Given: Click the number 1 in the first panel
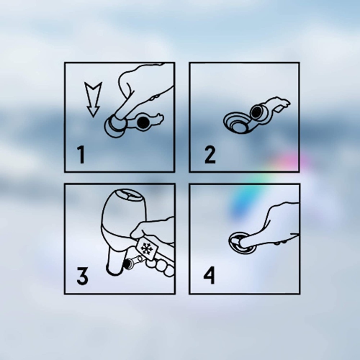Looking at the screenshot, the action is (x=81, y=155).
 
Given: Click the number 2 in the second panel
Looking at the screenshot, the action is (x=210, y=155).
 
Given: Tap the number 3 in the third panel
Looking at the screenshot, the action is (x=82, y=276).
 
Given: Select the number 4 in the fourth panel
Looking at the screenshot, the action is (x=209, y=276).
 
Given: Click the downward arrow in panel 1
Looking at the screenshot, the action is (x=93, y=99).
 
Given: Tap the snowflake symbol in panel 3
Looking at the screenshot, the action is (x=146, y=248).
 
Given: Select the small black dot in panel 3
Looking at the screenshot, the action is (x=127, y=264).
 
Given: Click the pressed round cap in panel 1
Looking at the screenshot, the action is (x=114, y=127).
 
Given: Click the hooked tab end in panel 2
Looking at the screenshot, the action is (x=281, y=103).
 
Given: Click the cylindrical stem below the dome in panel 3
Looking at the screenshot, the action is (x=115, y=261).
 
